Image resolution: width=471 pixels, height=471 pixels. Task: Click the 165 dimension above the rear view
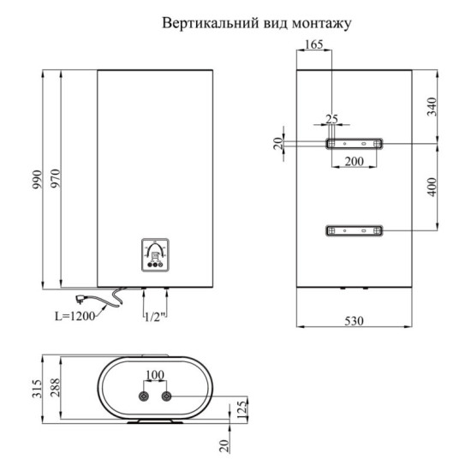[x=313, y=46]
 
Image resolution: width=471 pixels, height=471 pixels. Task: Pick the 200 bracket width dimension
[x=355, y=161]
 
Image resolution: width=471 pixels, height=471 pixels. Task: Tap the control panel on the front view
[x=155, y=253]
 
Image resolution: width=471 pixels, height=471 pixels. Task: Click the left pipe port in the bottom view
[x=144, y=396]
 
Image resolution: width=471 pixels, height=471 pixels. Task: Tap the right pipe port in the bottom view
[x=166, y=396]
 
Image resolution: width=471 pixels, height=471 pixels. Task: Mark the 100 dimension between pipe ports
[x=155, y=376]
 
